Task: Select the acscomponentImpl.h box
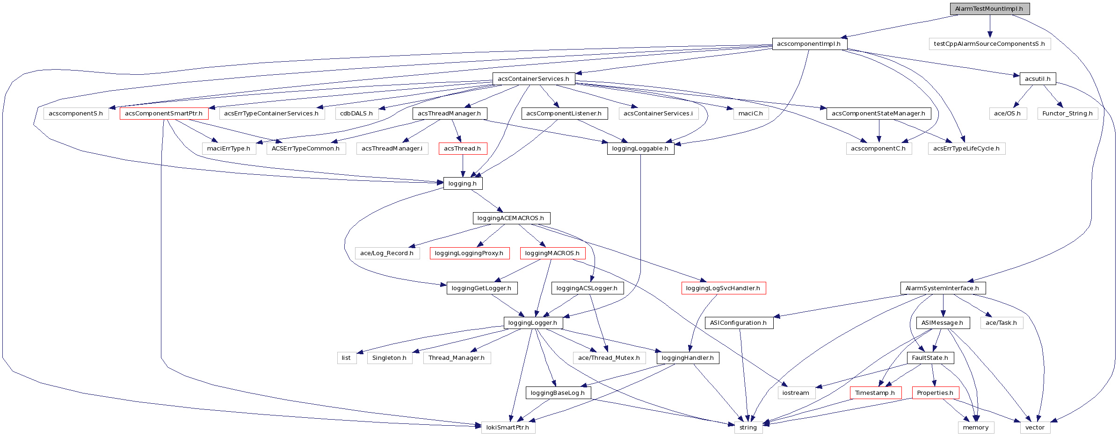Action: [x=809, y=44]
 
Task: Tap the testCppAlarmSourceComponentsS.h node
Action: [x=989, y=44]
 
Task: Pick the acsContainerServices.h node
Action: [x=533, y=79]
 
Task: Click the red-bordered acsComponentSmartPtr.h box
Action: [x=164, y=114]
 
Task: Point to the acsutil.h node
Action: [x=1038, y=79]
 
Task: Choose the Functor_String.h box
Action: [x=1067, y=114]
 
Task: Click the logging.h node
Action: [x=463, y=184]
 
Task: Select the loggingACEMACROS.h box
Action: [x=511, y=218]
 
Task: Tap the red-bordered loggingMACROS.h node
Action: [x=552, y=253]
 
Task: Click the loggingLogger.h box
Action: [x=533, y=323]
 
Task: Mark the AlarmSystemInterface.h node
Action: [x=942, y=288]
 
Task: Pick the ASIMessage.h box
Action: [x=942, y=323]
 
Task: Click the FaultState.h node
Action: [x=930, y=358]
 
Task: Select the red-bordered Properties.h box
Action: [x=935, y=393]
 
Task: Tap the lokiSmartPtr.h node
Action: [x=508, y=428]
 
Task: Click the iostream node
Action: [x=796, y=393]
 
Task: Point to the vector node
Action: [x=1035, y=428]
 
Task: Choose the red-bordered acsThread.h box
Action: [x=463, y=149]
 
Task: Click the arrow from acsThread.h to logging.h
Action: [x=463, y=166]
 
